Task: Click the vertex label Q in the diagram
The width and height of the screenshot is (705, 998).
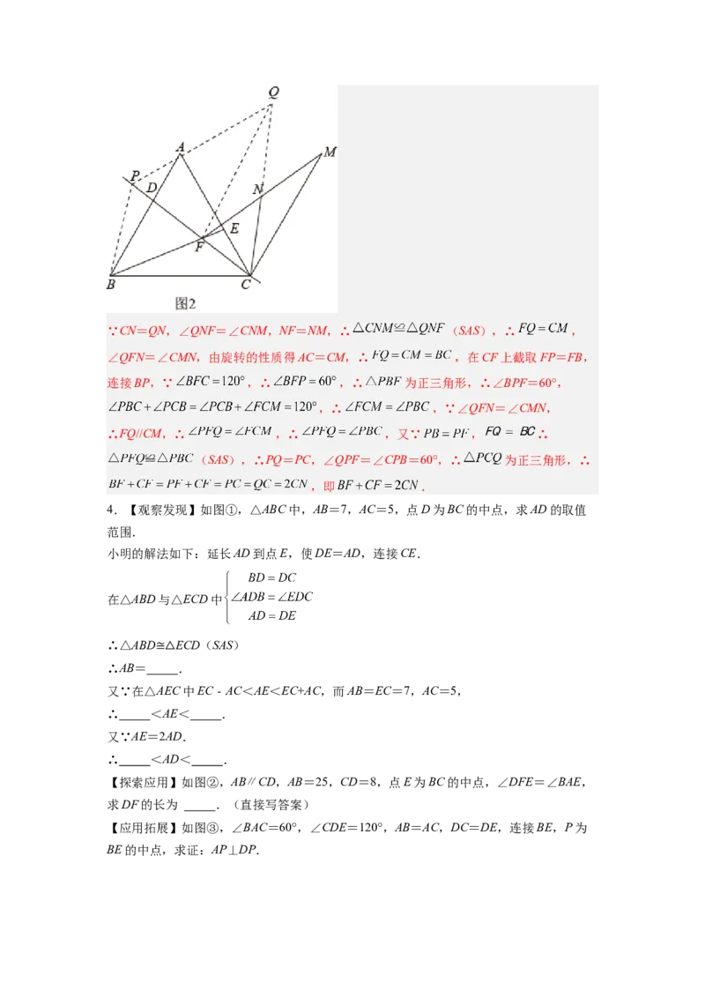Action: click(273, 92)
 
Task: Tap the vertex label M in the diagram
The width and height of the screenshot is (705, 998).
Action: click(330, 152)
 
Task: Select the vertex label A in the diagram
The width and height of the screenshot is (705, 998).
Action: click(180, 147)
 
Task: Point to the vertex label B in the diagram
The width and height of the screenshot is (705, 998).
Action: click(111, 284)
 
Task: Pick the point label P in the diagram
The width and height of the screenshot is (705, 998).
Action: click(134, 176)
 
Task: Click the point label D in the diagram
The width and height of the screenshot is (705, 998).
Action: click(152, 188)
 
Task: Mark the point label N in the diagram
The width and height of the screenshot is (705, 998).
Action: click(257, 190)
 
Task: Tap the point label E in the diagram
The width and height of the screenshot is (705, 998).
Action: click(234, 228)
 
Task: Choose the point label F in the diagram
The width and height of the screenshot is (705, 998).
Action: click(199, 247)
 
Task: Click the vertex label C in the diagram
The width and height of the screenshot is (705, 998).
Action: click(246, 284)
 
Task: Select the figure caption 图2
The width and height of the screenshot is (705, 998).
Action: click(185, 303)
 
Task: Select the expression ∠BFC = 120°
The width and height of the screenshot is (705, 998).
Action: click(211, 383)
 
